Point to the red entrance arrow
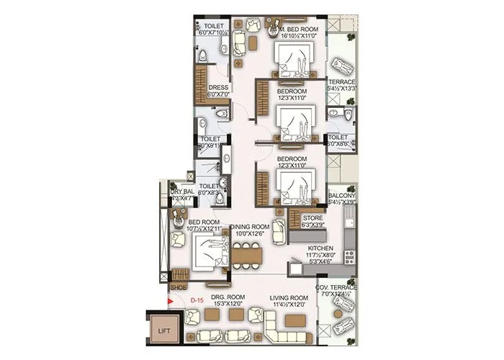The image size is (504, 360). (171, 302)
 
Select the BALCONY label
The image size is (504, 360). (341, 195)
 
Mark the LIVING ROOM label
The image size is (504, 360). (289, 297)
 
